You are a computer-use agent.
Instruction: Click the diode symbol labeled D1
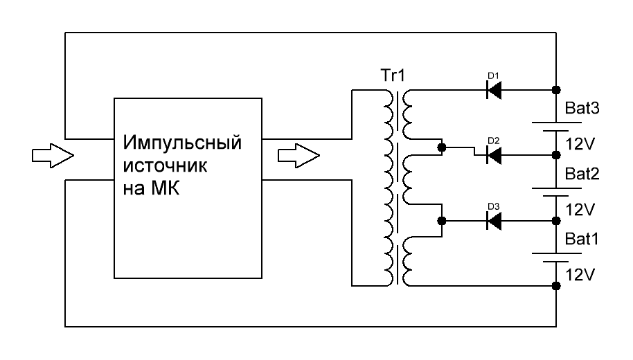coord(494,89)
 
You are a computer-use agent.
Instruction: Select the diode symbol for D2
coord(494,155)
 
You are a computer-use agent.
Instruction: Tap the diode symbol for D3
coord(494,221)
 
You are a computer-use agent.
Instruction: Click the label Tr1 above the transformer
coord(393,75)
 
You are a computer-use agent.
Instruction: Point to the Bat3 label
coord(582,108)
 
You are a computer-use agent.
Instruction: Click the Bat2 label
coord(582,174)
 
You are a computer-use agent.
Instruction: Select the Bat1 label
coord(581,239)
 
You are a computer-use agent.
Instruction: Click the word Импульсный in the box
coord(182,143)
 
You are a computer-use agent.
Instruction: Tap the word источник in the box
coord(165,165)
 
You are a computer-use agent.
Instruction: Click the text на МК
coord(151,188)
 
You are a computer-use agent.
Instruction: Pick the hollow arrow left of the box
coord(53,155)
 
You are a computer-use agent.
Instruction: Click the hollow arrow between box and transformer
coord(298,155)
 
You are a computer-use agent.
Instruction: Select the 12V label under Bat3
coord(580,144)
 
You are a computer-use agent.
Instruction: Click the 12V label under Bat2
coord(580,210)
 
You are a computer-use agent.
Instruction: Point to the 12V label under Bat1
coord(580,276)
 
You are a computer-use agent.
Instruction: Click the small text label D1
coord(493,76)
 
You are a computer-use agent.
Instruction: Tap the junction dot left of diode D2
coord(442,147)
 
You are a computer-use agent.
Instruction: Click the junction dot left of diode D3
coord(442,221)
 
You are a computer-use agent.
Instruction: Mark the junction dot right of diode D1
coord(556,89)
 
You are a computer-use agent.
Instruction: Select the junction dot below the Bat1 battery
coord(556,286)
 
